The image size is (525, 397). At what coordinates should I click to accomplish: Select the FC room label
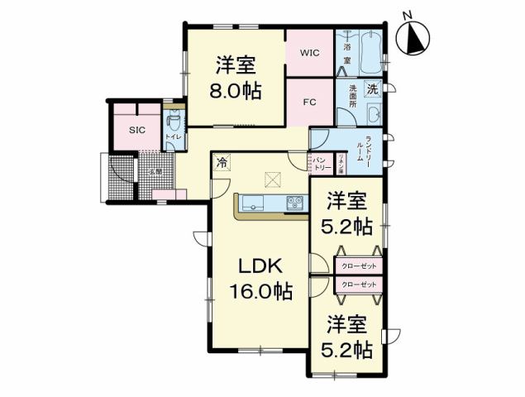(310, 103)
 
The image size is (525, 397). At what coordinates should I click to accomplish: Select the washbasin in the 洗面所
(371, 114)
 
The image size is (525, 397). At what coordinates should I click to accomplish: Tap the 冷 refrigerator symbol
(222, 163)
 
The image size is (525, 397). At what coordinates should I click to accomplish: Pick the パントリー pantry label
(322, 163)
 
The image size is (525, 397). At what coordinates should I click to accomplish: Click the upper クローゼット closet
(358, 265)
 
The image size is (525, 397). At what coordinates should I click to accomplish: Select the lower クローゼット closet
(358, 285)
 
